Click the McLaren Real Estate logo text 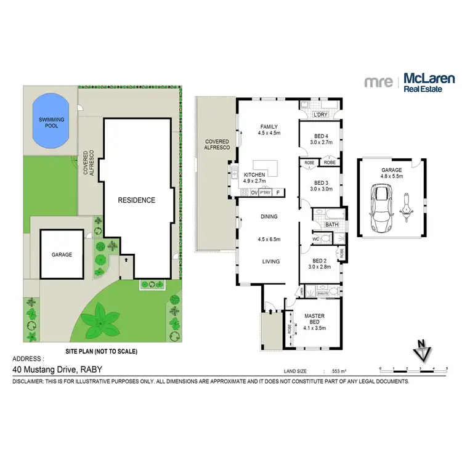[429, 83]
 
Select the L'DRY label [320, 115]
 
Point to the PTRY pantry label [265, 193]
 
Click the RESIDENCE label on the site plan [137, 200]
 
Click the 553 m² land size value [339, 371]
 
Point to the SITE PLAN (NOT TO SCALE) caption [102, 351]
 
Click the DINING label [269, 217]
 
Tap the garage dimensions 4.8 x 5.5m [392, 176]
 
